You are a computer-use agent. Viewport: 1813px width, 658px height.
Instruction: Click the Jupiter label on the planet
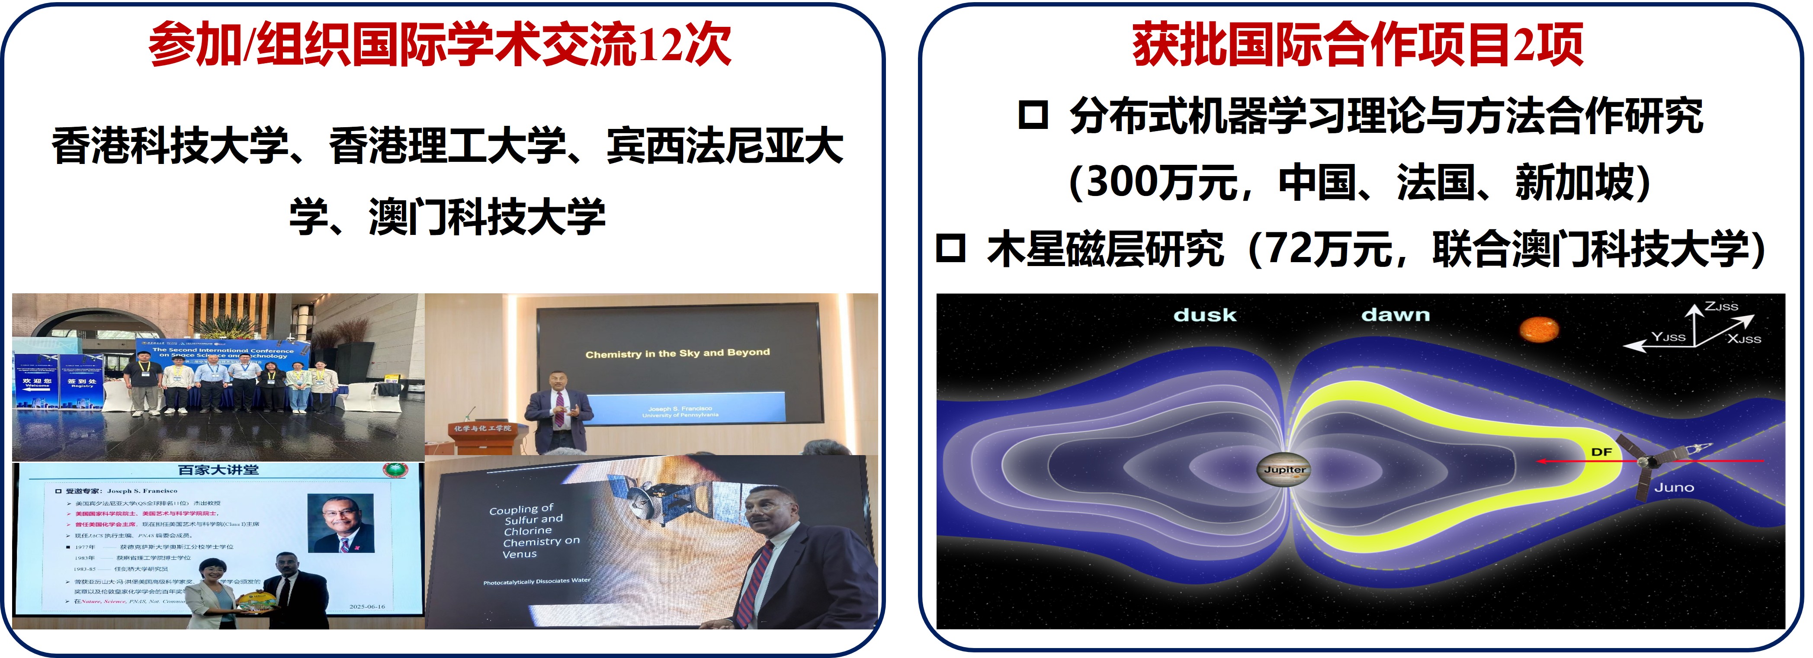1284,469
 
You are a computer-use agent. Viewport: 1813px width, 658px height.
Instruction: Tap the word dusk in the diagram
1204,315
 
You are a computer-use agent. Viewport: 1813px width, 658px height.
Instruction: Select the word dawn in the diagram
1395,315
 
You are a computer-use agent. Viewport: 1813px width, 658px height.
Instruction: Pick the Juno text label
1674,488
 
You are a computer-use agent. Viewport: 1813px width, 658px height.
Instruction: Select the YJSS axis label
1668,337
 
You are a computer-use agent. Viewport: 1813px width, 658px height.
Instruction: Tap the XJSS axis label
1743,339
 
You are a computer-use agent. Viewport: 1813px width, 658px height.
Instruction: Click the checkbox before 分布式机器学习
1033,116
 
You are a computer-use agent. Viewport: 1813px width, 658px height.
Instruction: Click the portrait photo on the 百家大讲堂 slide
340,523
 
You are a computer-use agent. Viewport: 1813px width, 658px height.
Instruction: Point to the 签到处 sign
82,382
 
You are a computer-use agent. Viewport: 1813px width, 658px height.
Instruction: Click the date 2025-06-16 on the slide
367,606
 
